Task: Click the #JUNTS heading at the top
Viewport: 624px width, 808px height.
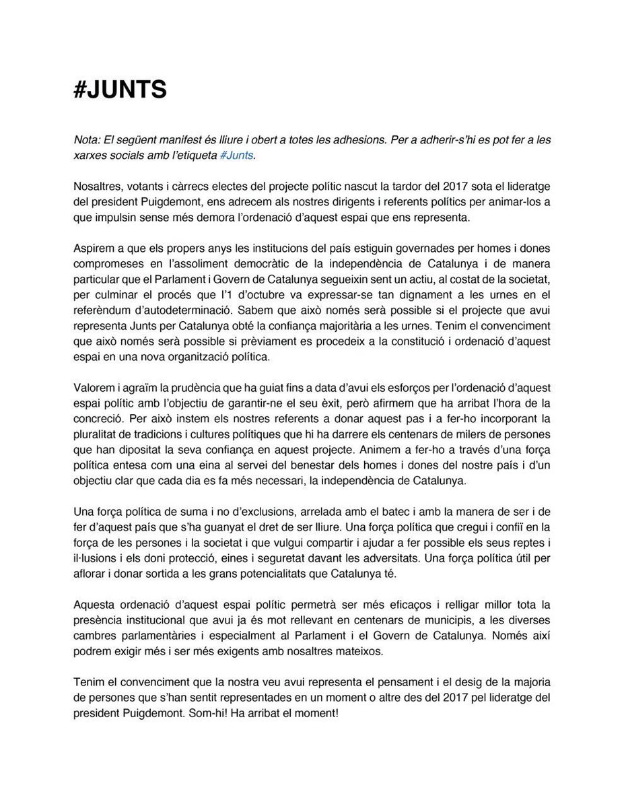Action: click(120, 90)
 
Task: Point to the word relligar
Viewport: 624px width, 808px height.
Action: click(420, 601)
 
